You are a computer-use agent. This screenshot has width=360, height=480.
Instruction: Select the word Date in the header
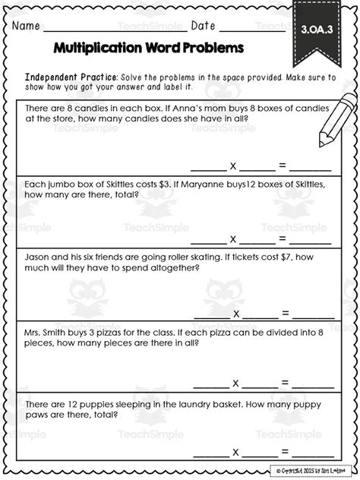click(x=203, y=25)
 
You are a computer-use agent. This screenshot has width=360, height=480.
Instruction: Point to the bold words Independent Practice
click(x=71, y=77)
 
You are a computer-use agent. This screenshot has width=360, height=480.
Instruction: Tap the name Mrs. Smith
click(x=51, y=331)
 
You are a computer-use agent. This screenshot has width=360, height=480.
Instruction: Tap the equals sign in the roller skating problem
click(x=286, y=312)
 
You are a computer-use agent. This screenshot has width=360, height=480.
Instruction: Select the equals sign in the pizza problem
click(x=286, y=382)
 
